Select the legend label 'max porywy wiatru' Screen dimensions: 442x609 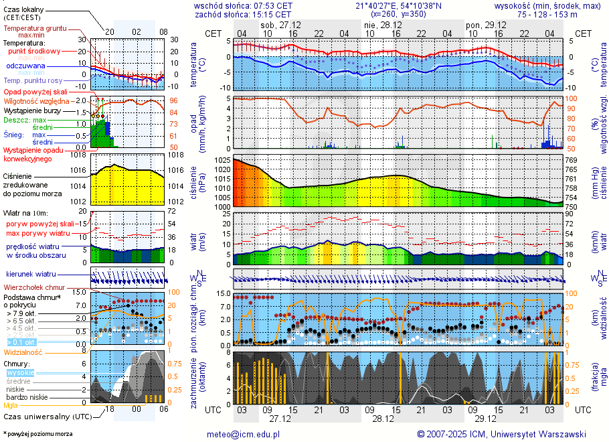38,233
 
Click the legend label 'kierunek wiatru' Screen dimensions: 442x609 31,275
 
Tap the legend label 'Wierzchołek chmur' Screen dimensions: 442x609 33,287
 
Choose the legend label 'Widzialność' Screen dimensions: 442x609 23,352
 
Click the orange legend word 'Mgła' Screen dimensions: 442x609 11,405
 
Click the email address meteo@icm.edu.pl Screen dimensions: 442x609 243,434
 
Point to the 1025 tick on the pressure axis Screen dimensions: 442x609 222,161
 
